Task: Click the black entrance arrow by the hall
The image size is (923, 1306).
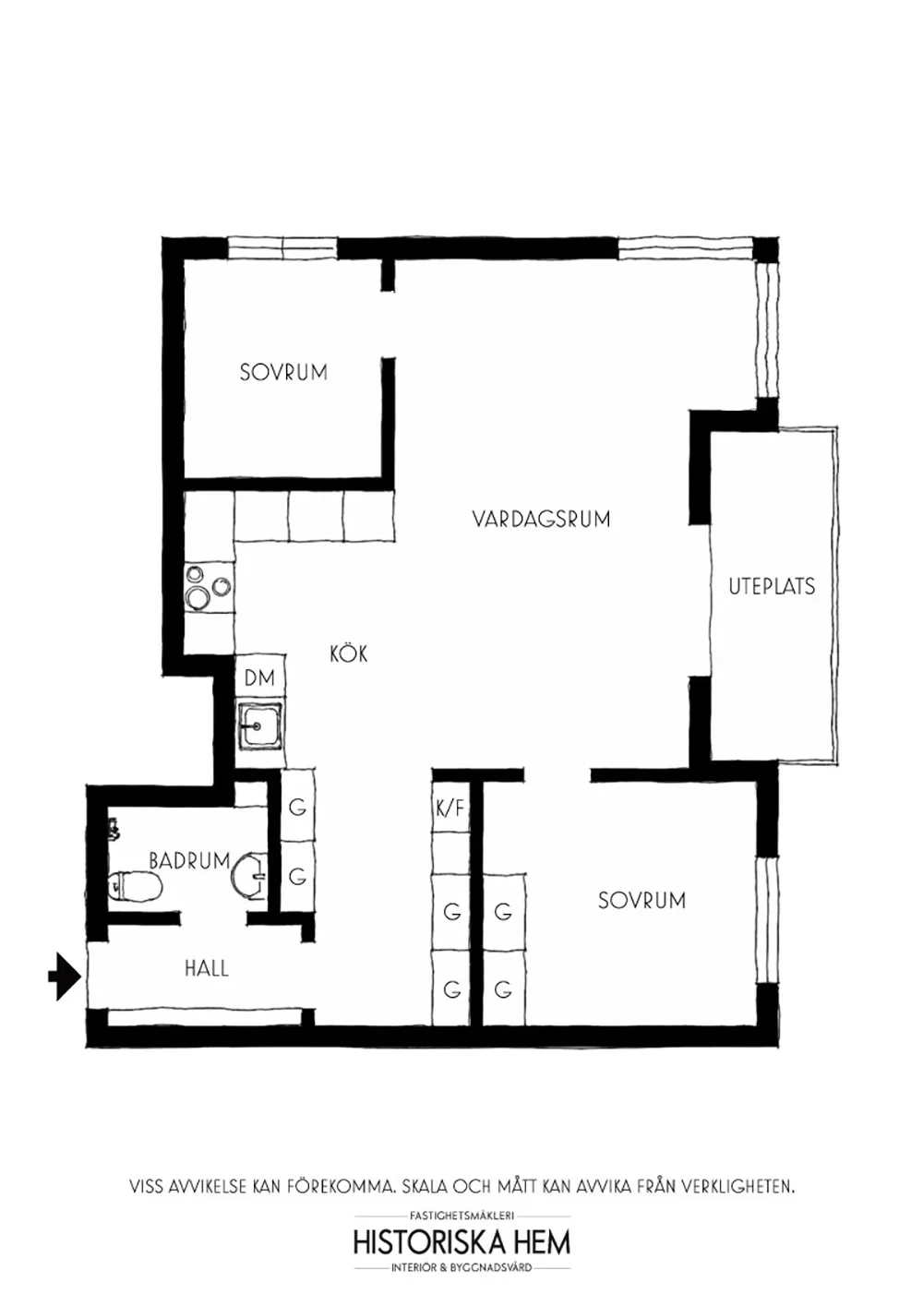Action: (x=64, y=976)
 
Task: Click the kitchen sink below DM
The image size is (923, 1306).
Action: (x=260, y=726)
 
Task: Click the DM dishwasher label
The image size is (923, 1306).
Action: (x=260, y=677)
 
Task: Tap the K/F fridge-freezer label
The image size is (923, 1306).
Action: (x=450, y=809)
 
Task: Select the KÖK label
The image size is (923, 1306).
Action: (x=349, y=654)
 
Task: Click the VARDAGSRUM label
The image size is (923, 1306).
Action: (x=541, y=519)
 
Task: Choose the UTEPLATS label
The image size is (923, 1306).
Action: (x=772, y=586)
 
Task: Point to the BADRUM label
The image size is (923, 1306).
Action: (x=189, y=860)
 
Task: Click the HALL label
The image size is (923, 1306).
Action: (x=206, y=968)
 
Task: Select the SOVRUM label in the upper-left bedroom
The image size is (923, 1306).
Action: (x=283, y=372)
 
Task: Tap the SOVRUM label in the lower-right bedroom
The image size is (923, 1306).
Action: (x=641, y=900)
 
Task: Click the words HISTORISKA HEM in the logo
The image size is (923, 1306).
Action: (x=461, y=1241)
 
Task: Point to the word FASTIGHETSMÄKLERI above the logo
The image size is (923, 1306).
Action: (x=461, y=1216)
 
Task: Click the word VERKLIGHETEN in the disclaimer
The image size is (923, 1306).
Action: (x=737, y=1185)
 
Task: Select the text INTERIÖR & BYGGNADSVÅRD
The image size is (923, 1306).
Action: (x=461, y=1268)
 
